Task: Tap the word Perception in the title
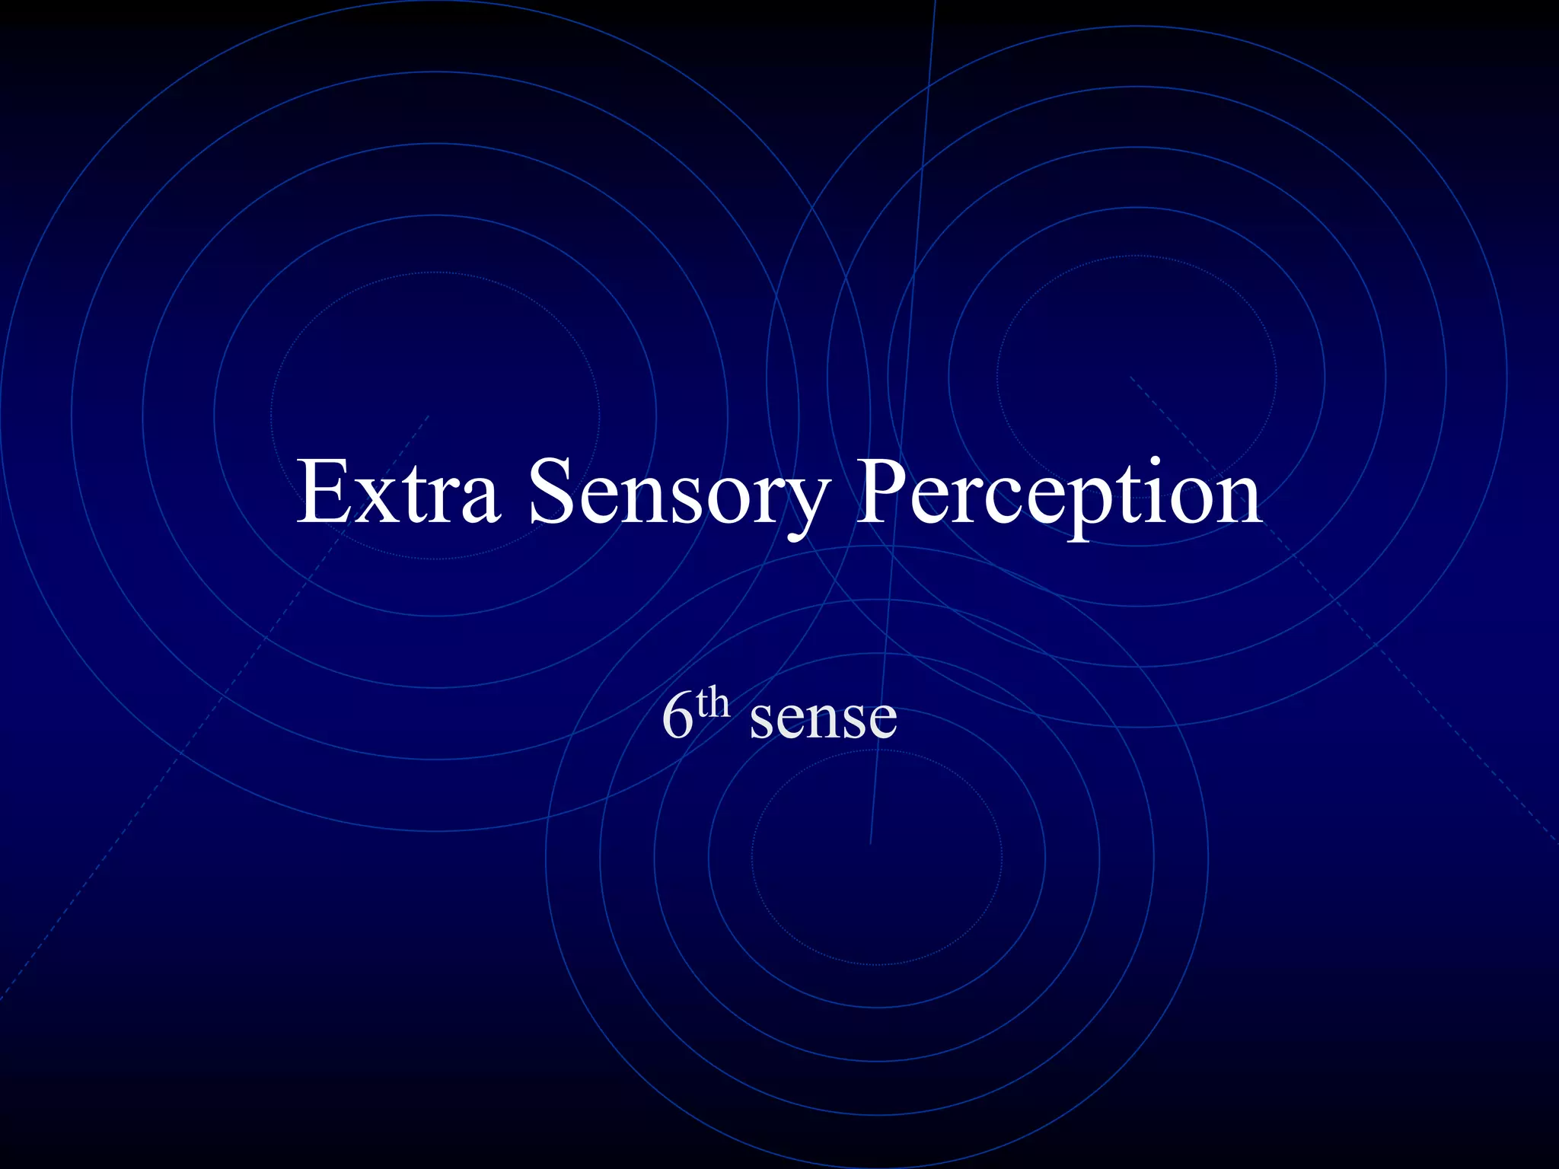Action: (x=1058, y=495)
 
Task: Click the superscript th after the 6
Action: (x=713, y=703)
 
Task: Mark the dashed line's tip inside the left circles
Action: (x=429, y=416)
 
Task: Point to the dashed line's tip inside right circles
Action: (x=1130, y=377)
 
